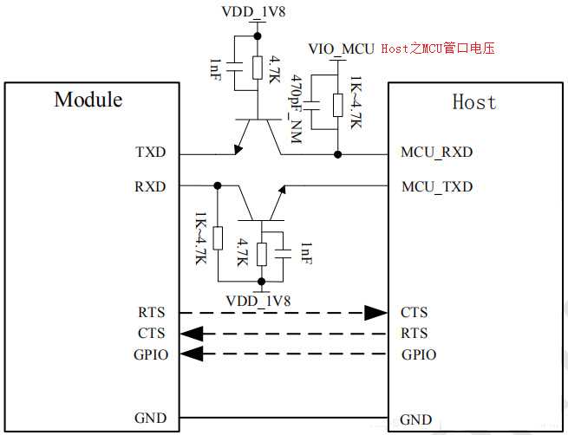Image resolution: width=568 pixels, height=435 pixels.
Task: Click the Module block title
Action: click(x=88, y=99)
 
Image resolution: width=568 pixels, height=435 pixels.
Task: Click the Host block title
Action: click(x=474, y=102)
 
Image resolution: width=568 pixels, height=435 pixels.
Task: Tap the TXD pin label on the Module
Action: click(x=150, y=153)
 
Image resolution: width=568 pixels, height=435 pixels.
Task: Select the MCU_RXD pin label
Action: click(x=436, y=153)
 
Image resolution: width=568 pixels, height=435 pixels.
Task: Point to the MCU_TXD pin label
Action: click(x=436, y=186)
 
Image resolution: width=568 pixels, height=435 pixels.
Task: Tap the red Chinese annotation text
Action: click(x=441, y=49)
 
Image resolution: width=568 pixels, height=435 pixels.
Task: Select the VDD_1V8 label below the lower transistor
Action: click(x=258, y=301)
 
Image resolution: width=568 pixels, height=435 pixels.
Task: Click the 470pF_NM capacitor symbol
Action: click(x=314, y=107)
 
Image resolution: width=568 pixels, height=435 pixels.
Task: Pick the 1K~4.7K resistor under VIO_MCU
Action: click(x=337, y=107)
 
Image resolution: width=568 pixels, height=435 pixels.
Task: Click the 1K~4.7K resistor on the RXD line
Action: click(x=217, y=237)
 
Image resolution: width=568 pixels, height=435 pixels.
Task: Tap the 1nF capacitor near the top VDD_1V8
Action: click(x=234, y=67)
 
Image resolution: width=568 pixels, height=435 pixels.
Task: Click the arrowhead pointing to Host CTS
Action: click(x=375, y=312)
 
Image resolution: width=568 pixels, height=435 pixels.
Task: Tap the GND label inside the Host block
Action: click(x=415, y=419)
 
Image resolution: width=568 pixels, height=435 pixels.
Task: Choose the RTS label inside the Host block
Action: click(x=415, y=333)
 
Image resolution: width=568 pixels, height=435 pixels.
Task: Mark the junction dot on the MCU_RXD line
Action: click(x=337, y=154)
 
